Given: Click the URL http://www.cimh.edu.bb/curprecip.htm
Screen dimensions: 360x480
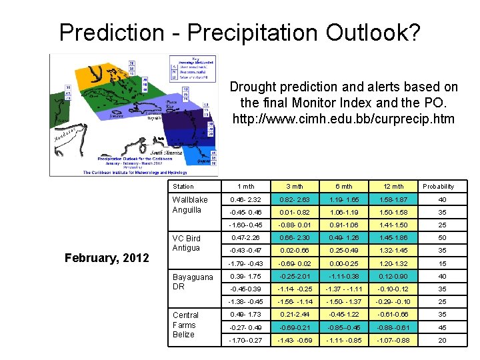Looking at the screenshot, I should click(343, 119).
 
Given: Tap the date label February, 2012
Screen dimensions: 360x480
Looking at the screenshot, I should click(107, 257).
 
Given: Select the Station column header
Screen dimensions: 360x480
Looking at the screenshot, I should click(183, 187).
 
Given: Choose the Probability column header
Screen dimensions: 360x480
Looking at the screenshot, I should click(438, 187).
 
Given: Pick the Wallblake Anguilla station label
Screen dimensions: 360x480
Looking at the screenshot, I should click(190, 205).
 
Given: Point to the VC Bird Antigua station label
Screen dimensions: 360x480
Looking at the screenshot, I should click(187, 243).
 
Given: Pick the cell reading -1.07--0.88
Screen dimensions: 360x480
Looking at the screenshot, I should click(393, 340).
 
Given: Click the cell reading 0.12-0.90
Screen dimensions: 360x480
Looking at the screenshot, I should click(393, 277).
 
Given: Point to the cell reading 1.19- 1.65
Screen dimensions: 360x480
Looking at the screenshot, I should click(343, 200).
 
